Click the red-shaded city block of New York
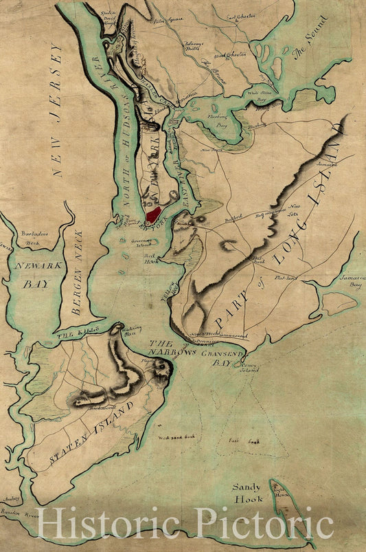pos(155,214)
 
